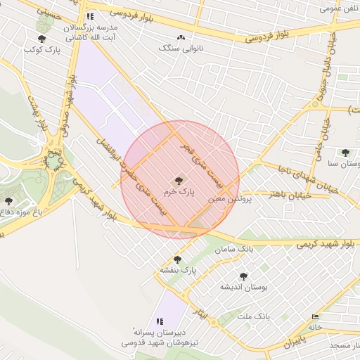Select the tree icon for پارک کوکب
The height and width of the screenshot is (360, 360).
[42, 39]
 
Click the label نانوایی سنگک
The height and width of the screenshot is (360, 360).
[181, 48]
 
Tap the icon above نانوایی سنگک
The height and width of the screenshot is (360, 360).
[181, 37]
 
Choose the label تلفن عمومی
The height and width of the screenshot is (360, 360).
[335, 8]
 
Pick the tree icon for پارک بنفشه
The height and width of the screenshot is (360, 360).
[176, 259]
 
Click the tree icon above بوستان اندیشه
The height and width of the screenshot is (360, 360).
[243, 276]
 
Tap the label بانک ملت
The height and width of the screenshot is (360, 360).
[254, 317]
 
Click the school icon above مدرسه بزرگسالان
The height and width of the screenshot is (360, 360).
[89, 15]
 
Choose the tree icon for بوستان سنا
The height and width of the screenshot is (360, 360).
[345, 153]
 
